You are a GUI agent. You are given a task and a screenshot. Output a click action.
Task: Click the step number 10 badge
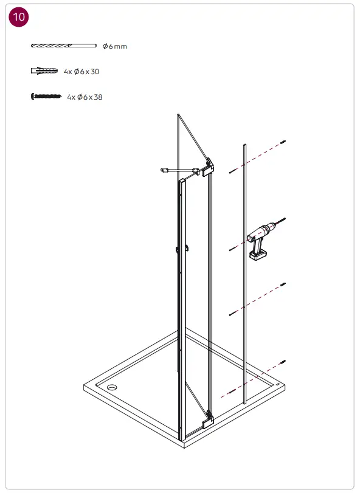[19, 17]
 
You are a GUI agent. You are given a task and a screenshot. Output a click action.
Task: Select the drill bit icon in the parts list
[63, 46]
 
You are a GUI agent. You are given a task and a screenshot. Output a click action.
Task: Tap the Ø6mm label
[115, 46]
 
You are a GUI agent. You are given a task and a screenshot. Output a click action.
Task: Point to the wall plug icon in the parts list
[44, 71]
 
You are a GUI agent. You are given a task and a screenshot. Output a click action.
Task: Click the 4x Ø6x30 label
[81, 72]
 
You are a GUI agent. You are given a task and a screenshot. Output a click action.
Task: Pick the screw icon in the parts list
[46, 96]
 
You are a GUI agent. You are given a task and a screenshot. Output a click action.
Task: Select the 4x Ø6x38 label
[85, 97]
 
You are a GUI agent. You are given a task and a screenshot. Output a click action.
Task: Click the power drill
[260, 240]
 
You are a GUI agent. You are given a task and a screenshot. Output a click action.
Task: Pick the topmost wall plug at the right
[283, 142]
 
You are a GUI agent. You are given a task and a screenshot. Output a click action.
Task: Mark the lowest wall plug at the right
[283, 362]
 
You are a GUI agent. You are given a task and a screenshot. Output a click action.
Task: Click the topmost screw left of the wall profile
[232, 172]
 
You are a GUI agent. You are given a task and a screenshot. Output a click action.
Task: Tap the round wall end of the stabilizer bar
[164, 171]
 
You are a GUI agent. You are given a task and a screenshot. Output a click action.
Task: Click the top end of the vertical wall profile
[244, 146]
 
